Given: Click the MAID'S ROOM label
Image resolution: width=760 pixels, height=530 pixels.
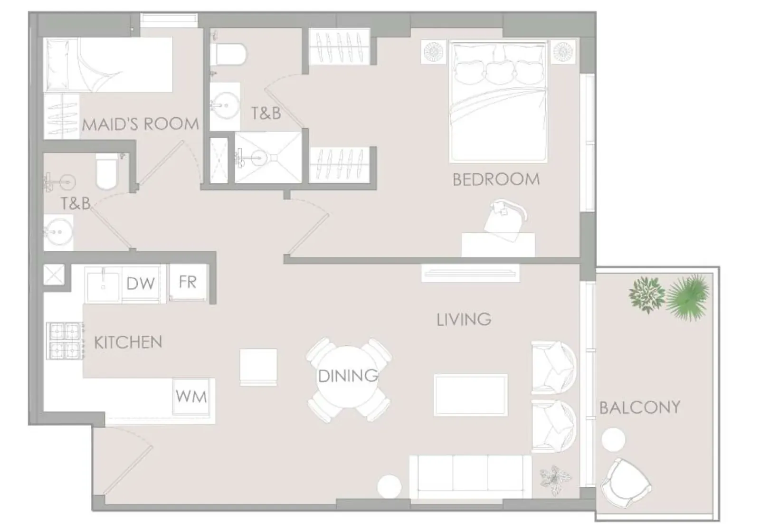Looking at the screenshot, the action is coord(140,124).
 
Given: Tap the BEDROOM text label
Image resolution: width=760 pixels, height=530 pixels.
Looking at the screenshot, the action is coord(496,180).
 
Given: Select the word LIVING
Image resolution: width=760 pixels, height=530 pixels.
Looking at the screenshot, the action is coord(464,320).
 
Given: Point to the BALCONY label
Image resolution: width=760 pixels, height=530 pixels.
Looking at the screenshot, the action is coord(640,407).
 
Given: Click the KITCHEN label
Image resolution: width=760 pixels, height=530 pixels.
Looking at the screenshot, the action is coord(128,342).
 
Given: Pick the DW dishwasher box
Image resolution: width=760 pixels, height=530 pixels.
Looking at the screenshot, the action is coord(141,284).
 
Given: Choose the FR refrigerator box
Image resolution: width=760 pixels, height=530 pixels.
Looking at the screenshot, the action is coord(188,282).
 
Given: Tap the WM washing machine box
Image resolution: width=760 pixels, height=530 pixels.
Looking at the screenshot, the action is coord(191,397).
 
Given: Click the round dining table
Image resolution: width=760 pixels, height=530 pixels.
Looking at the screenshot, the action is coord(347,377).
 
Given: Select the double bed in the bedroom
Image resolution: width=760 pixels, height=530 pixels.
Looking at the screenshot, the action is coord(498,101).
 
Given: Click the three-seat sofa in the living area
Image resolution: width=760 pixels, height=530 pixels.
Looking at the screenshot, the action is coord(470,477).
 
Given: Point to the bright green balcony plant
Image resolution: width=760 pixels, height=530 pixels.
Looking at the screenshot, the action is coord(687,297).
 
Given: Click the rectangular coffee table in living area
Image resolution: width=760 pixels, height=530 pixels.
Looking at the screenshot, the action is coord(471,395).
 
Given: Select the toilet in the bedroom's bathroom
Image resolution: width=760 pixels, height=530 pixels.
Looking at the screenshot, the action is coord(228,54).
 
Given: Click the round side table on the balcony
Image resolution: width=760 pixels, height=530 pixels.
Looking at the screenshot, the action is coord(613,440).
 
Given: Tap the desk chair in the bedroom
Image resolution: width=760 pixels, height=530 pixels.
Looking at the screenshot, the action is coord(505,220).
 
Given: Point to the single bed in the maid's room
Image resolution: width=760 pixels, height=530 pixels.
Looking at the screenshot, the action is coord(108,65).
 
